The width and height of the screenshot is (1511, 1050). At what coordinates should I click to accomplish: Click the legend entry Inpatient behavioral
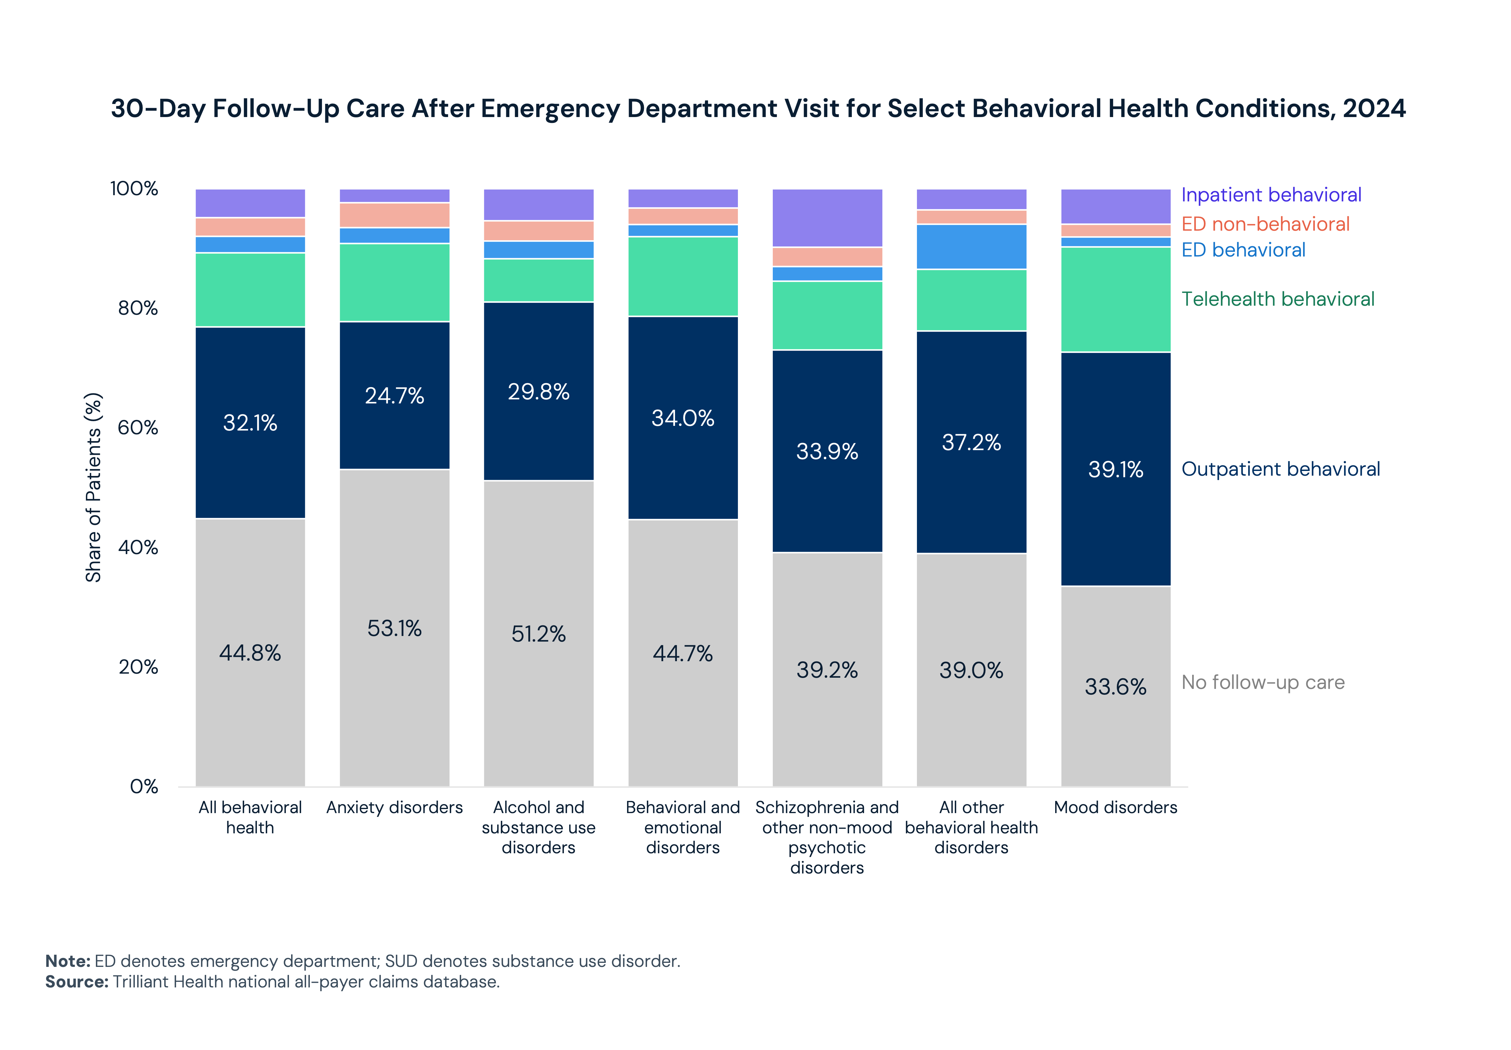pos(1271,195)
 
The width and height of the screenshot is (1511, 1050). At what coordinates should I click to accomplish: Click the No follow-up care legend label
pos(1262,682)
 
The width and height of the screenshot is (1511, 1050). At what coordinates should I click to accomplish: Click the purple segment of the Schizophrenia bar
pos(827,218)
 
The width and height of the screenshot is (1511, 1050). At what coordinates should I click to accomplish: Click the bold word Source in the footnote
pos(76,982)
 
